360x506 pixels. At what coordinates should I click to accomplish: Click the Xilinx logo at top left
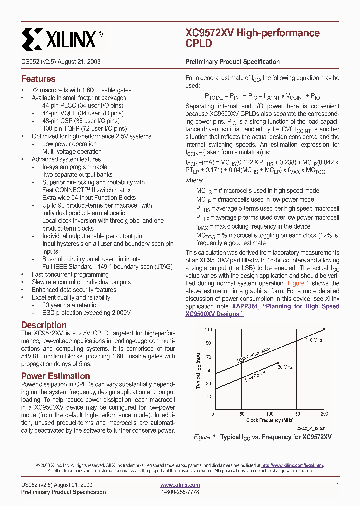63,38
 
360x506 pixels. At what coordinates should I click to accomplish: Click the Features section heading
38,79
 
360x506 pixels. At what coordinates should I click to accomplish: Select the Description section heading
44,325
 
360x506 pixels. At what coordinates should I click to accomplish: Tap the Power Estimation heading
55,376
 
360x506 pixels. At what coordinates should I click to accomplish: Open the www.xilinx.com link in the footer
180,485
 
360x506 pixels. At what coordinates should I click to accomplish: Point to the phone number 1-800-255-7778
180,492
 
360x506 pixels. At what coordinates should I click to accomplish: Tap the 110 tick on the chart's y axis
208,330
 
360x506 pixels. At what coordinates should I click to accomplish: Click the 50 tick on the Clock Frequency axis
242,414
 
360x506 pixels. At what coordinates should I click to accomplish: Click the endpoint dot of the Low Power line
278,363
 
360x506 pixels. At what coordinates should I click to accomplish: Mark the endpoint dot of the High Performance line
325,329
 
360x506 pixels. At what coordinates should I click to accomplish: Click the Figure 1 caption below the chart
262,437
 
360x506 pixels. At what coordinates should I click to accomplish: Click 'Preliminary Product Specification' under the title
232,62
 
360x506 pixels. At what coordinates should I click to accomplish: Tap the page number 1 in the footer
338,485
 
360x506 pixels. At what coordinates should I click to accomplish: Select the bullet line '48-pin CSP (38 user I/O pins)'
81,121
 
